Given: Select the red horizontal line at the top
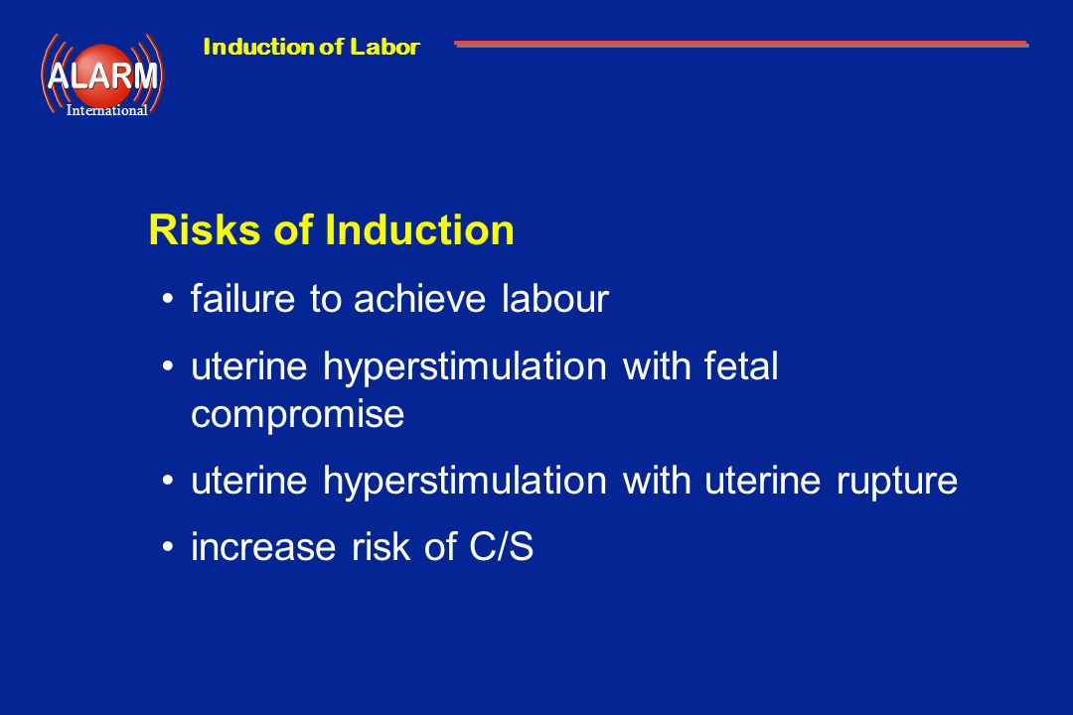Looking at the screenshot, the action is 741,44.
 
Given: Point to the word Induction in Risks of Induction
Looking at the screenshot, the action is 419,230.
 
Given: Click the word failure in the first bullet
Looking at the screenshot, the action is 243,299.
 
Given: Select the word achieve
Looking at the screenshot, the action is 419,299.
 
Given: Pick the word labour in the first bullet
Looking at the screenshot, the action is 555,299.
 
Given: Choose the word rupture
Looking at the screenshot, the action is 897,481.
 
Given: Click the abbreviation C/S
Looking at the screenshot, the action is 501,547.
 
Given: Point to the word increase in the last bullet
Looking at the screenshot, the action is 263,547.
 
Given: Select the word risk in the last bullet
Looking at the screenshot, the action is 380,547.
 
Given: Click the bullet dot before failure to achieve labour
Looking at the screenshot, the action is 168,300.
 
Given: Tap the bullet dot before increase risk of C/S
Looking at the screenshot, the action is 168,547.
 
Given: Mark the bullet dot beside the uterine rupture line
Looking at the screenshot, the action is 168,481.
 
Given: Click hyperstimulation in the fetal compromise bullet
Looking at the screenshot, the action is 465,367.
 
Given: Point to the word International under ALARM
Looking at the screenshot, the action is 106,110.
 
